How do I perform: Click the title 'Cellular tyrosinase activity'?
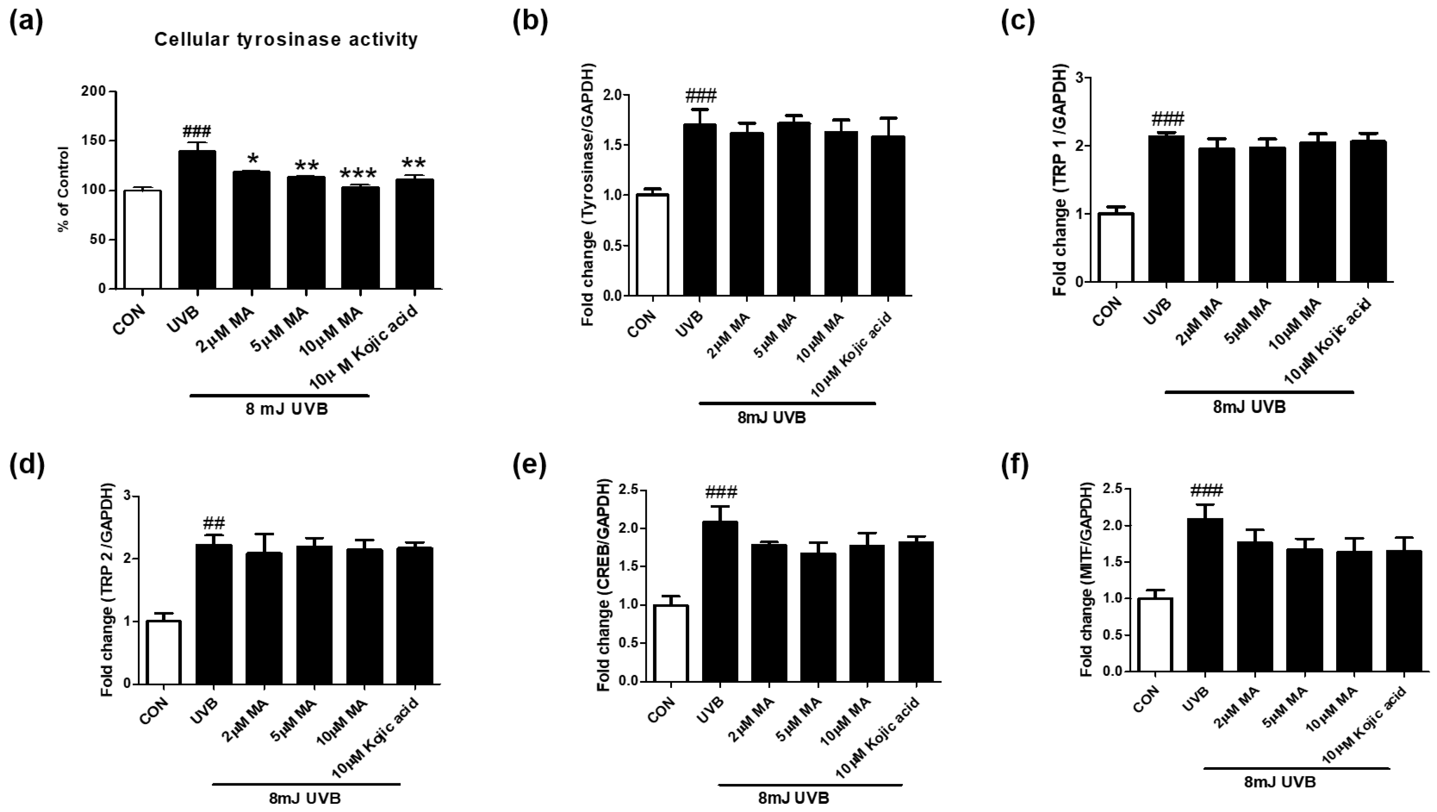pyautogui.click(x=286, y=40)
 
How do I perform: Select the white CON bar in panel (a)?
pyautogui.click(x=143, y=240)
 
